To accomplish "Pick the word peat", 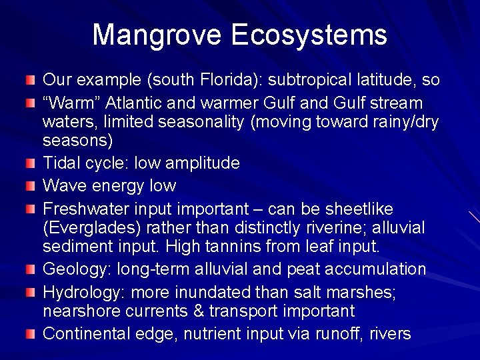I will click(x=315, y=269).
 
